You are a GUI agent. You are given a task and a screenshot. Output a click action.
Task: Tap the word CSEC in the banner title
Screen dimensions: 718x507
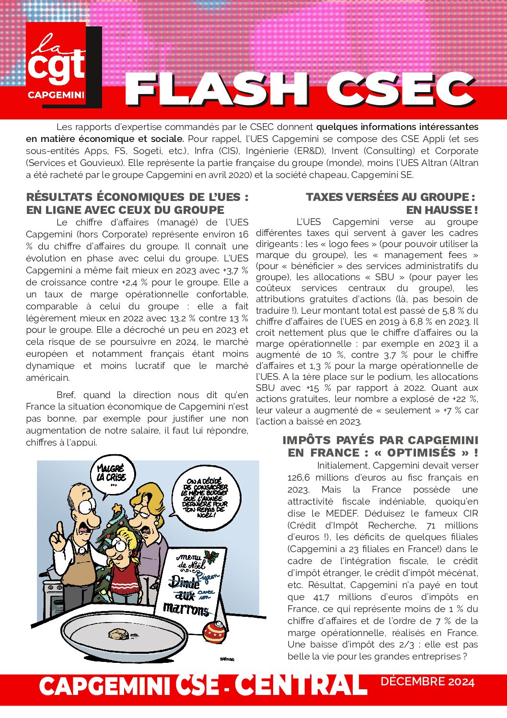(x=401, y=89)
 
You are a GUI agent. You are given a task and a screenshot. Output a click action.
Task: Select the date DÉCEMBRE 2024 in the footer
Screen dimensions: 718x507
(x=427, y=682)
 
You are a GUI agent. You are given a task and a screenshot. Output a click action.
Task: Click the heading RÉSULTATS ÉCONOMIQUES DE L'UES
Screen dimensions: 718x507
(x=137, y=197)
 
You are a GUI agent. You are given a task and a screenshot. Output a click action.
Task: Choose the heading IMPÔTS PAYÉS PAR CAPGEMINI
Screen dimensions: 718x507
(x=380, y=440)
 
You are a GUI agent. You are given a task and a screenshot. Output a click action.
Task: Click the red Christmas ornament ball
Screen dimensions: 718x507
(x=215, y=632)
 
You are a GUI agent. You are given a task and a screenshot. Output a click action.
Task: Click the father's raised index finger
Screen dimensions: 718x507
(x=59, y=530)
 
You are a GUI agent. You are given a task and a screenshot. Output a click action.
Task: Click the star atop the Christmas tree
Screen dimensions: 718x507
(x=116, y=507)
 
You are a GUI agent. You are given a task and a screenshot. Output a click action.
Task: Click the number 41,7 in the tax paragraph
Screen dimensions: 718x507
(x=321, y=597)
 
